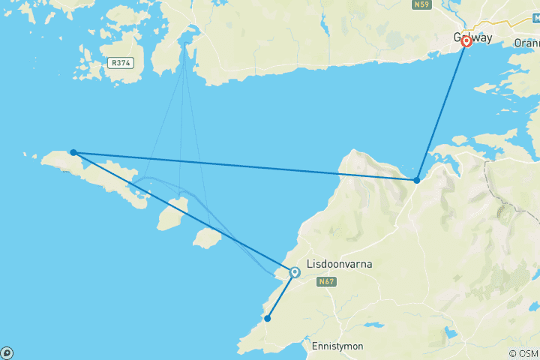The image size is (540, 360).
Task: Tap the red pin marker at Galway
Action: [x=466, y=41]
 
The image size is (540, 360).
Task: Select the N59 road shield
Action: [x=421, y=4]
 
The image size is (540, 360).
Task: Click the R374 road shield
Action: [x=120, y=63]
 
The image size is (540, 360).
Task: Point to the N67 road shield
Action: [x=325, y=282]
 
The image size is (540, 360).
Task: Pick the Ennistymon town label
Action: [x=337, y=346]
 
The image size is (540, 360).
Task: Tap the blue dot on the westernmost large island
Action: [x=73, y=152]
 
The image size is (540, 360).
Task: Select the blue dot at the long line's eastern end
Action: [x=417, y=180]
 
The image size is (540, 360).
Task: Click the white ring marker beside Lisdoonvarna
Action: [x=295, y=272]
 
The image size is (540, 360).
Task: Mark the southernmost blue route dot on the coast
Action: [x=266, y=319]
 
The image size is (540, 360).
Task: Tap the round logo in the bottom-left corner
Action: [x=6, y=352]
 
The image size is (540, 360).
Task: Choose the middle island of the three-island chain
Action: [x=172, y=213]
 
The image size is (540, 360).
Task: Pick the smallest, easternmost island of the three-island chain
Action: [x=206, y=238]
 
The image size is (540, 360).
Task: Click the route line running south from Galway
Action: [x=442, y=109]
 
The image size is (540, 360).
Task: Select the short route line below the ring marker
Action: [x=280, y=295]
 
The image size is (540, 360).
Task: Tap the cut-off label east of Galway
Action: [x=526, y=43]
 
